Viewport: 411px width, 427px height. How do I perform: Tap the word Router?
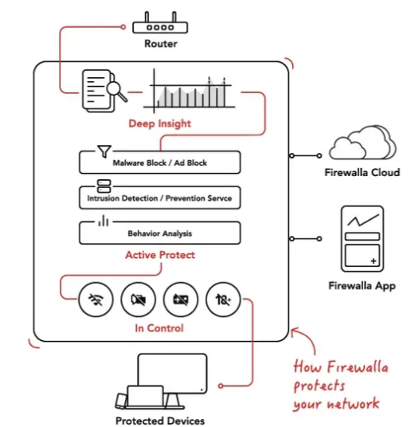click(160, 43)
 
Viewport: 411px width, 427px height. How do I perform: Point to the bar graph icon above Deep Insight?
click(191, 91)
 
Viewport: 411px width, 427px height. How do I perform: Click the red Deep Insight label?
click(160, 124)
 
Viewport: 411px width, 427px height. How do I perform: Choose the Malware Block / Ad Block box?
click(160, 163)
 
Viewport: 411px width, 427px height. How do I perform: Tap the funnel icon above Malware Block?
click(104, 150)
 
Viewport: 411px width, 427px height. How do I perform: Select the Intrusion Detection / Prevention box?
click(160, 197)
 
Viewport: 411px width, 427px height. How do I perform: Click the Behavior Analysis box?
click(160, 233)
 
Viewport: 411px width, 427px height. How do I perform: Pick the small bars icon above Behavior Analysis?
click(104, 221)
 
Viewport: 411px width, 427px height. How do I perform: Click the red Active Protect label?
click(160, 256)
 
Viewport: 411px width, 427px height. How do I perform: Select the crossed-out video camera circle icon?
click(137, 300)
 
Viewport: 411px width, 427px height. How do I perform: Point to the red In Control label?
click(161, 328)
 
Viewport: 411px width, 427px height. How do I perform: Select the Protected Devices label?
click(160, 420)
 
